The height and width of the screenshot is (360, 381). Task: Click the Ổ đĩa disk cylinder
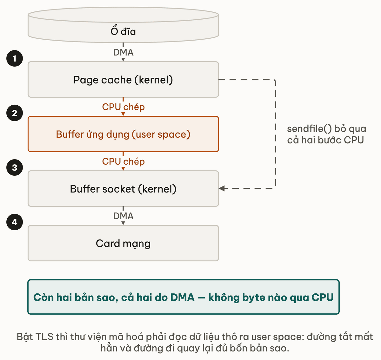[x=123, y=25]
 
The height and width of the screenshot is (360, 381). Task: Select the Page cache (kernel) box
[x=123, y=79]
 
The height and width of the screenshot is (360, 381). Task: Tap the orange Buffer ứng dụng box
[x=123, y=134]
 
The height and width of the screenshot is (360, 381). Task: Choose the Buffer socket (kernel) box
[x=123, y=189]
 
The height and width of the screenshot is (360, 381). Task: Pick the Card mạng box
[x=123, y=243]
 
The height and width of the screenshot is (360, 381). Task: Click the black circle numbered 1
[x=15, y=58]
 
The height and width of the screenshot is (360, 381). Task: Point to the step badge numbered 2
[x=15, y=113]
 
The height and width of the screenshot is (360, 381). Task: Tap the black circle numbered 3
[x=15, y=167]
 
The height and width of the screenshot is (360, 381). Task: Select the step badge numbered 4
[x=15, y=222]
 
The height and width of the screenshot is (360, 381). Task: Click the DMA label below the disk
[x=123, y=52]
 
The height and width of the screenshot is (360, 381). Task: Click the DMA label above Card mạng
[x=123, y=216]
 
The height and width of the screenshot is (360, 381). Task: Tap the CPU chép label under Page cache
[x=123, y=107]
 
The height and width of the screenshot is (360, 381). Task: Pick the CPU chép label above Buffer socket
[x=123, y=161]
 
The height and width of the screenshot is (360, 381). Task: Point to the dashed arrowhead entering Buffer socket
[x=222, y=188]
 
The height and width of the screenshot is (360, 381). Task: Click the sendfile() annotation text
[x=326, y=134]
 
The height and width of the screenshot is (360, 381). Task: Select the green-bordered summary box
[x=183, y=297]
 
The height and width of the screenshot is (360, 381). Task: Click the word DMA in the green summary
[x=182, y=297]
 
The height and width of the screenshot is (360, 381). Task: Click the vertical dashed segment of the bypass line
[x=276, y=134]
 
